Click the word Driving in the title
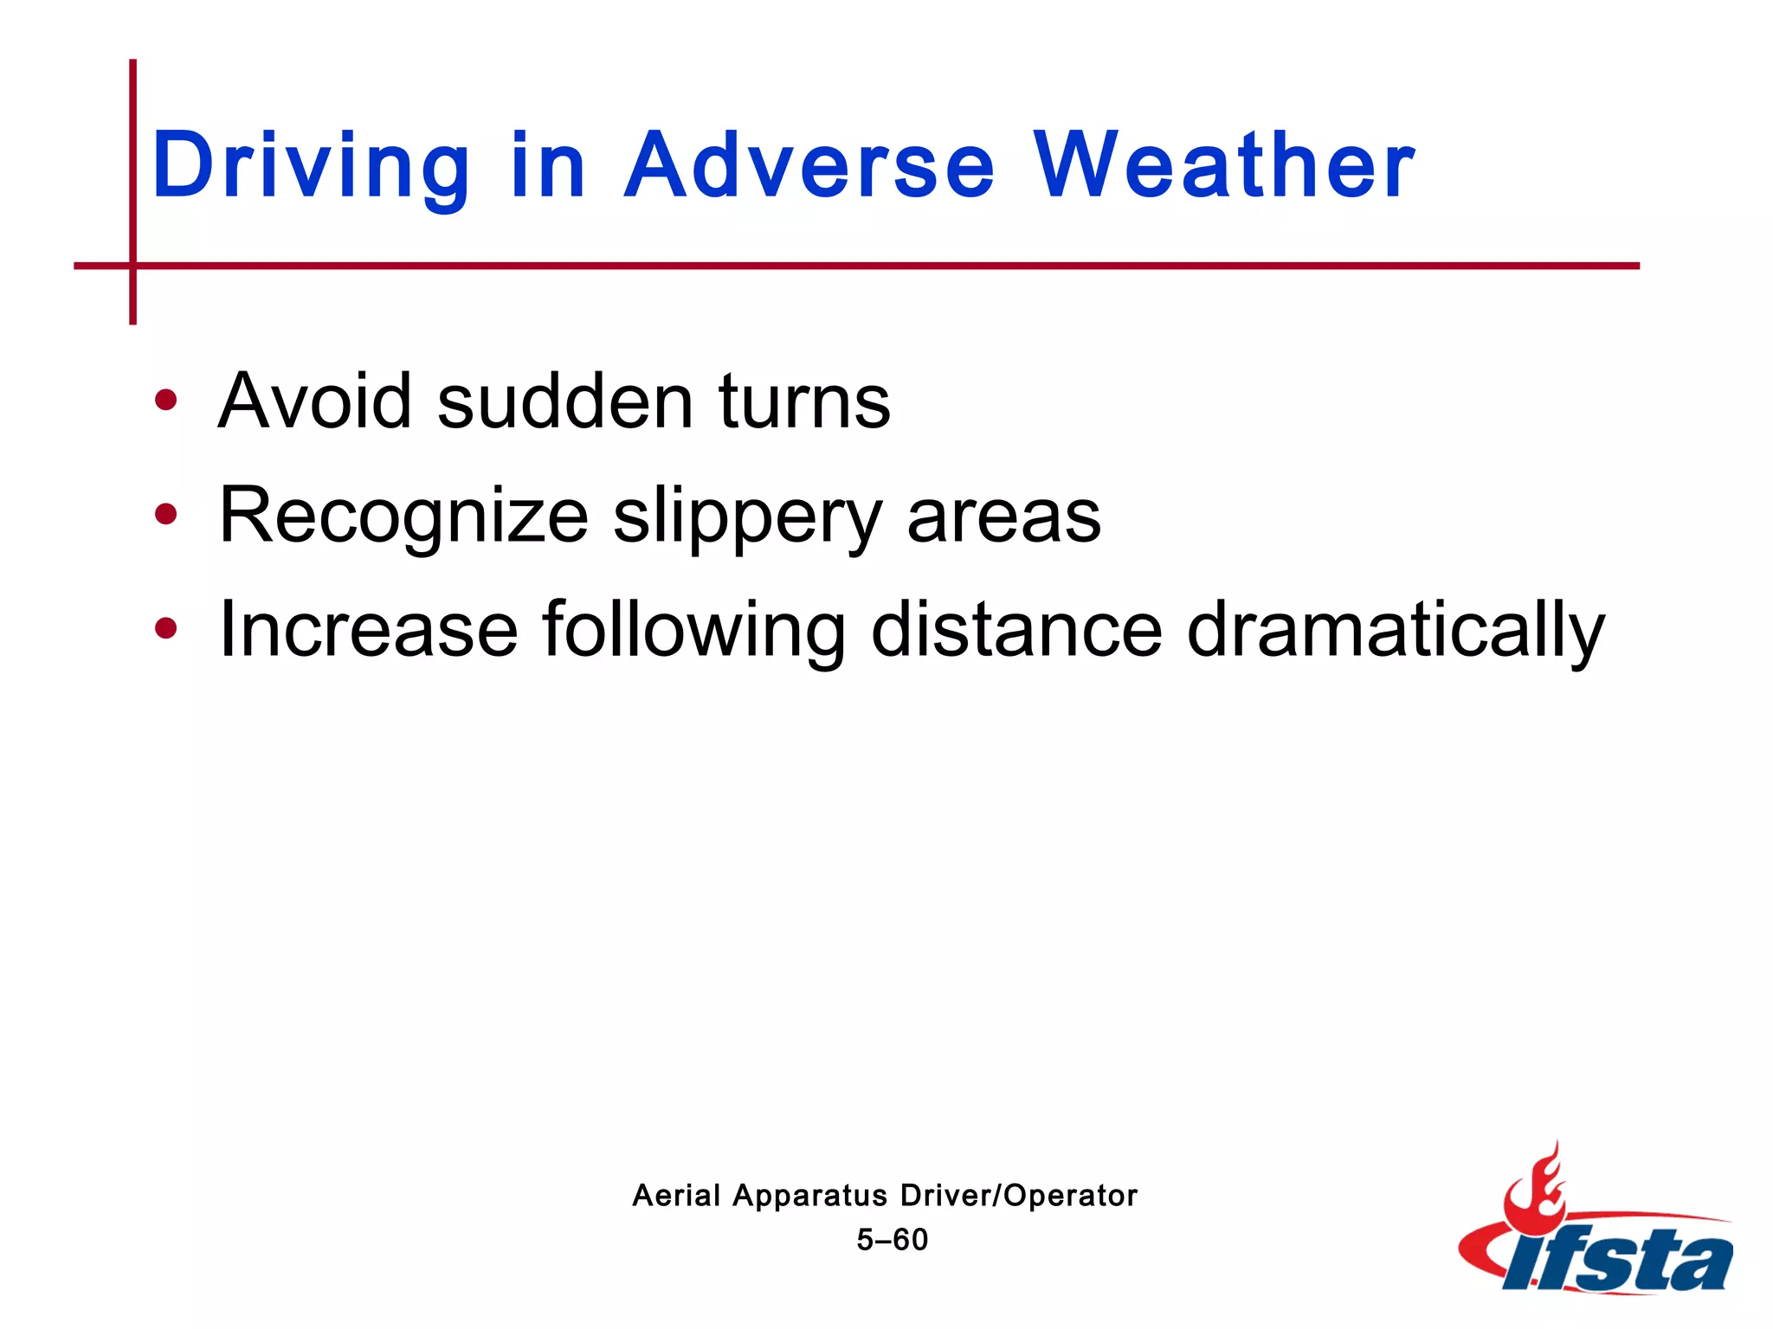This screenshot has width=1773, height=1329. click(x=310, y=166)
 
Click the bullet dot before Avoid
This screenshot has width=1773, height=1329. click(x=165, y=401)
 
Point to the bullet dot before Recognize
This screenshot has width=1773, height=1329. click(x=165, y=515)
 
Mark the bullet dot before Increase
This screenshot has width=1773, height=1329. click(x=165, y=629)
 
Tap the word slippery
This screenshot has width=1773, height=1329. click(x=748, y=517)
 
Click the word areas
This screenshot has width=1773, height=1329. click(x=1003, y=517)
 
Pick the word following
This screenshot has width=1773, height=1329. click(x=693, y=632)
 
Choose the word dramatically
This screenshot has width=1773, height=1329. click(x=1395, y=632)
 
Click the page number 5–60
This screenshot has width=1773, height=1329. click(x=892, y=1240)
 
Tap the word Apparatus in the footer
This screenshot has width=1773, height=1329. click(x=810, y=1197)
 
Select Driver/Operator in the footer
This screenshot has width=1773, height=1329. click(x=1019, y=1196)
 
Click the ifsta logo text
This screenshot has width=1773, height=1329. click(x=1617, y=1260)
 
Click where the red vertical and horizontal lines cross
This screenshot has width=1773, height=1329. click(x=132, y=266)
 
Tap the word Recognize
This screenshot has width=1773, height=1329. click(x=403, y=517)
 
